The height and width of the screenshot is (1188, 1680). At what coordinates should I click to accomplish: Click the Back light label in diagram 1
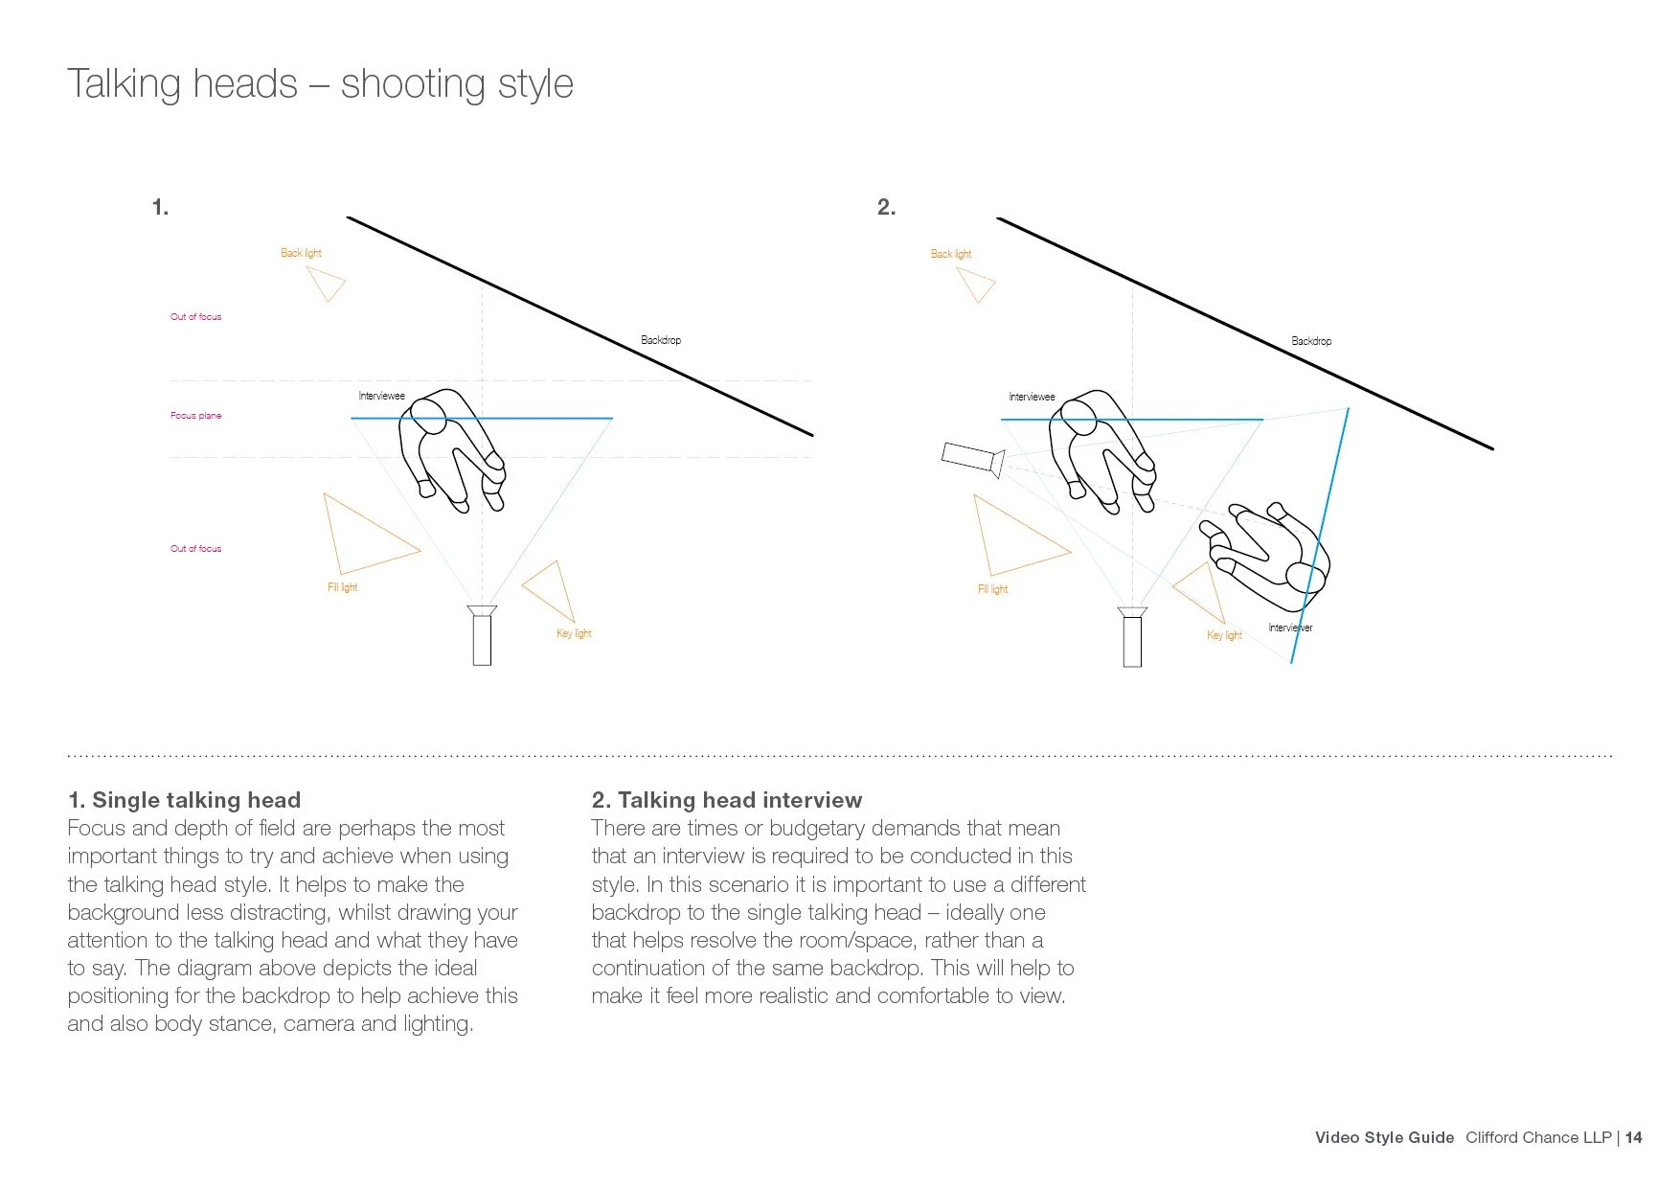[x=301, y=253]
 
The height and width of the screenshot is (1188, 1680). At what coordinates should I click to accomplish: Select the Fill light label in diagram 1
[x=342, y=587]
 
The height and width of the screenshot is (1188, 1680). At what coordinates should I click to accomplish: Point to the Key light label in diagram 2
[x=1224, y=635]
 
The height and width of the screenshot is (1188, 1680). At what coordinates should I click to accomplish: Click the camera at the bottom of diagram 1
[x=482, y=635]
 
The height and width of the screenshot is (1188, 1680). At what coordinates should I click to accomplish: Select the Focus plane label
[x=195, y=416]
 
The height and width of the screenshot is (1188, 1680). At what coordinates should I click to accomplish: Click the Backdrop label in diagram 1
[x=661, y=340]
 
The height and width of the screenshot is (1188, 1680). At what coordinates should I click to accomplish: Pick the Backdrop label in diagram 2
[x=1311, y=341]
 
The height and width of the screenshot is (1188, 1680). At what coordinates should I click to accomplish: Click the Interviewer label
[x=1290, y=628]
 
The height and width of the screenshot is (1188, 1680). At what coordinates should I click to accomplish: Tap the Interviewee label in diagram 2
[x=1032, y=397]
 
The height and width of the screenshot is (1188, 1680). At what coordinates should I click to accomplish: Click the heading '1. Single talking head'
[x=184, y=800]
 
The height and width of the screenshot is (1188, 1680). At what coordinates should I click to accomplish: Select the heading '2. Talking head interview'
[x=727, y=800]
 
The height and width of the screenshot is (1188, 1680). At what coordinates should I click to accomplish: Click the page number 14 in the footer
[x=1633, y=1137]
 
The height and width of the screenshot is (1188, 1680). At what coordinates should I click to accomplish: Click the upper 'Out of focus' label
[x=195, y=316]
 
